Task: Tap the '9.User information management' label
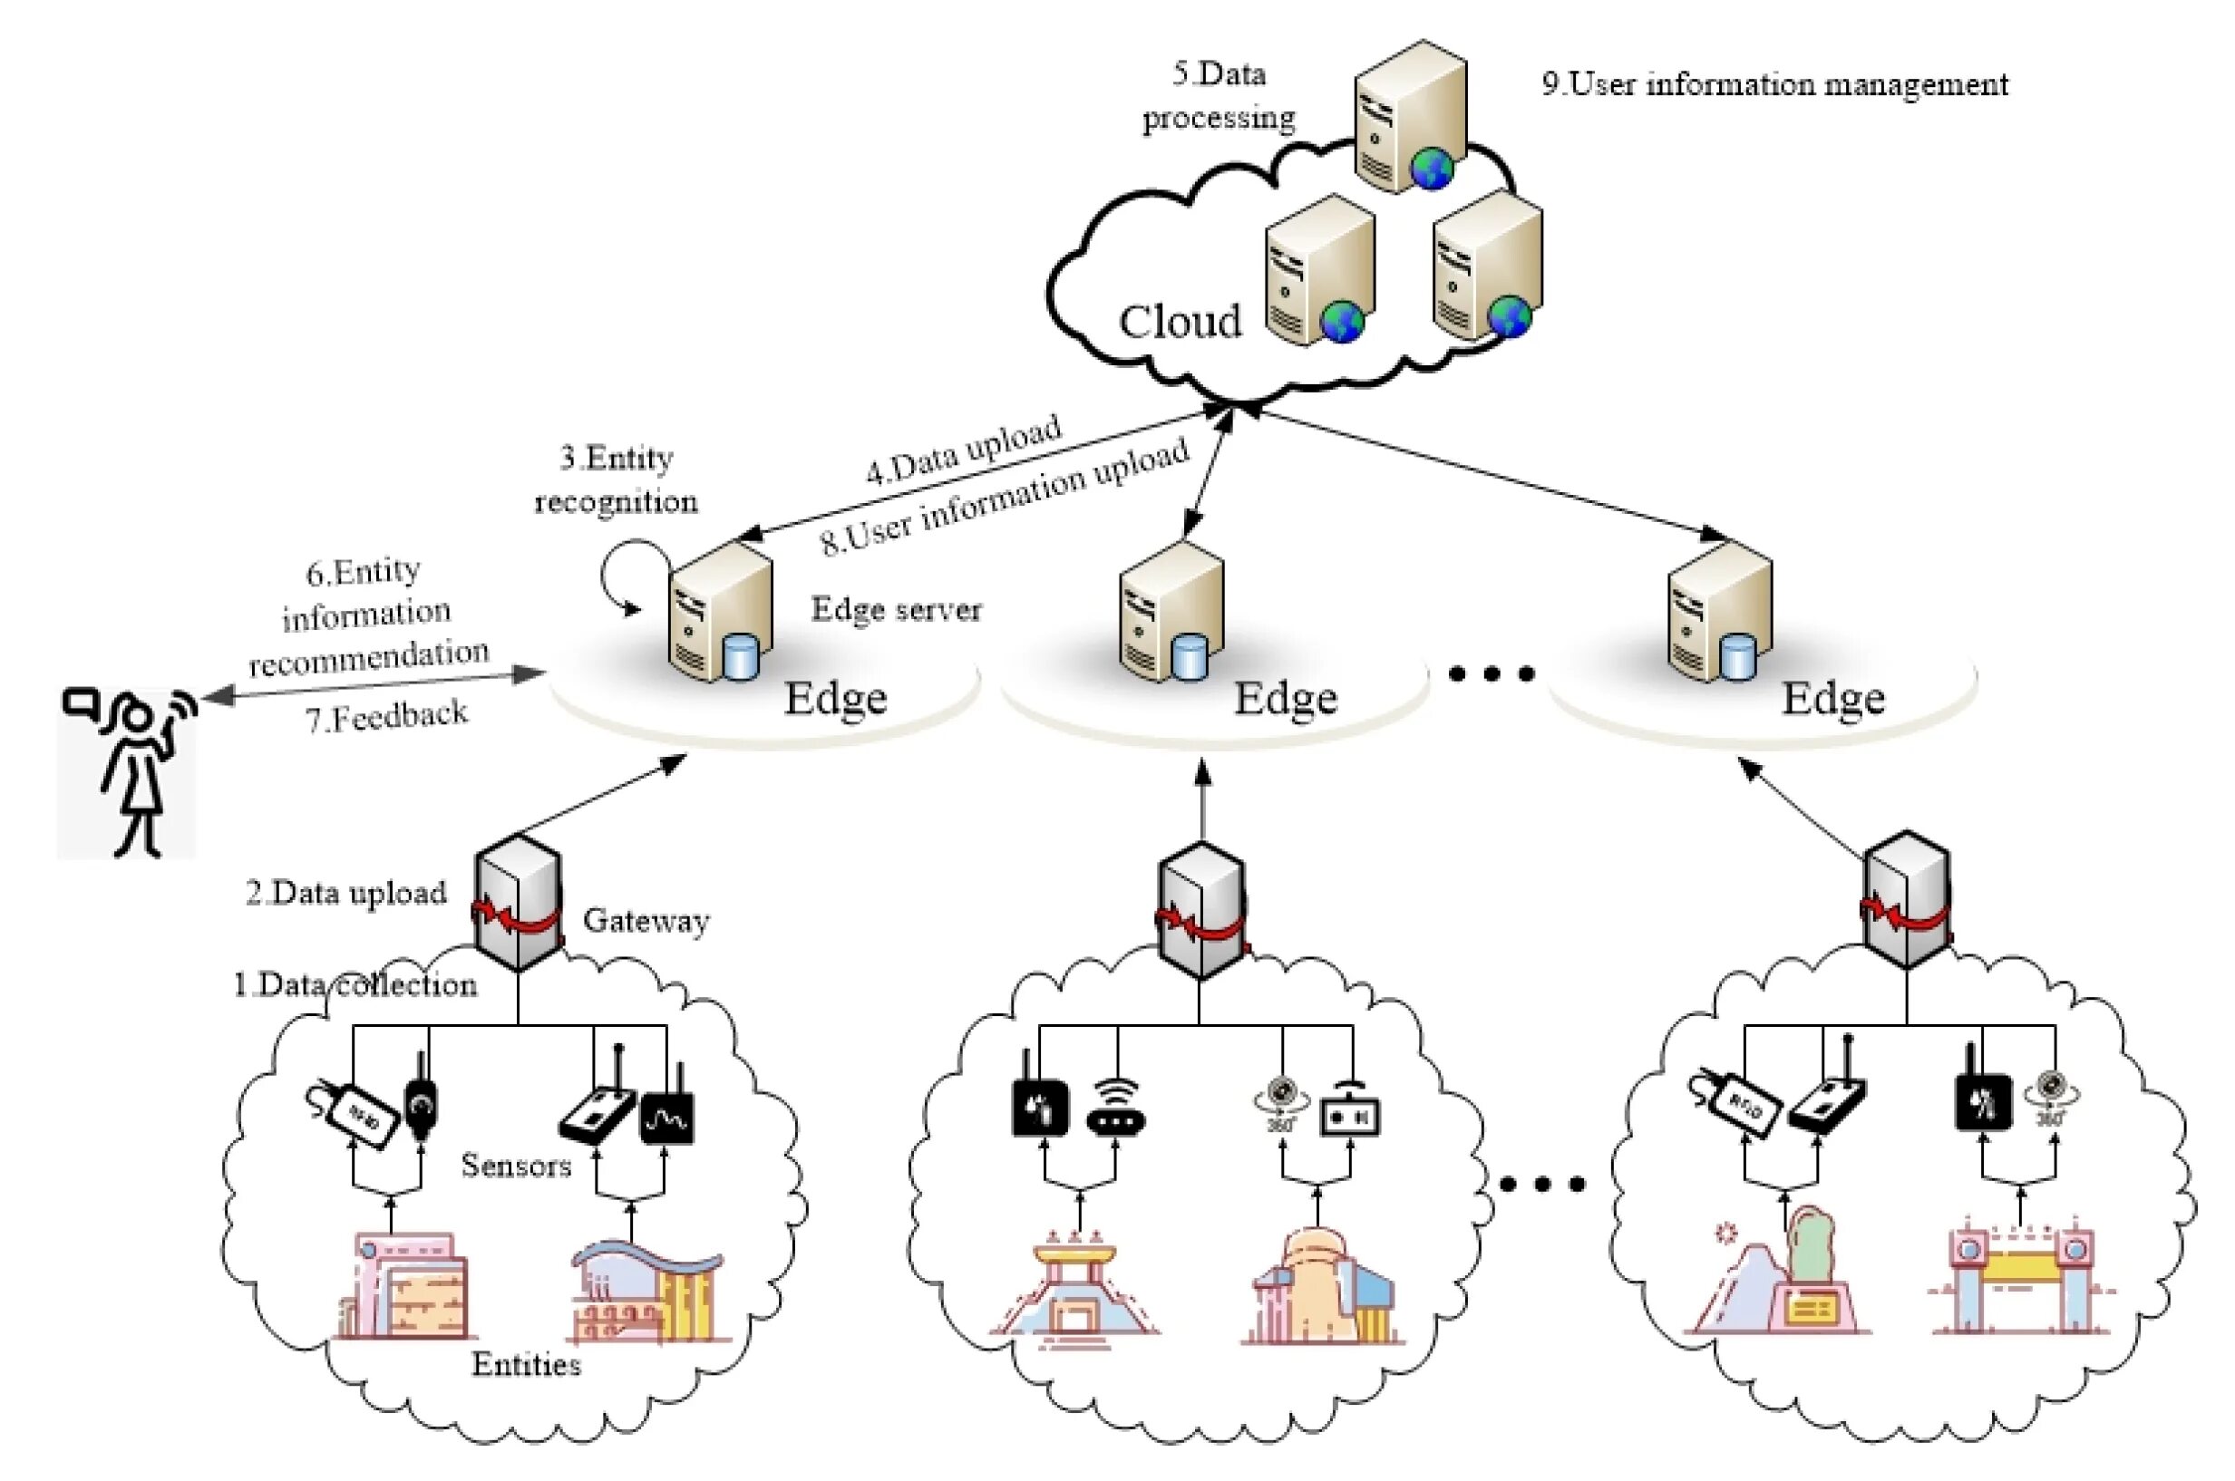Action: pos(1775,85)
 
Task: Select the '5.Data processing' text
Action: pos(1219,96)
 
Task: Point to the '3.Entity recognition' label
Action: pos(616,479)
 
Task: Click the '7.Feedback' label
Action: pos(385,717)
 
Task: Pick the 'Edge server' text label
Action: pos(896,609)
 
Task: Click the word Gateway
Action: pos(646,920)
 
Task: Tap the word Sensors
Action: pos(516,1166)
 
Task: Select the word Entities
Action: pos(526,1364)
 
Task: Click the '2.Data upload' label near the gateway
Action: pos(346,894)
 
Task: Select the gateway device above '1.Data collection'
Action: pos(518,902)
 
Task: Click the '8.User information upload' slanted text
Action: pos(1006,496)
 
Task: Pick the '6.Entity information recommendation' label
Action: pos(368,615)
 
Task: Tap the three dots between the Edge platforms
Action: pos(1492,673)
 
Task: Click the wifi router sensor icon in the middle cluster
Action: pos(1115,1108)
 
